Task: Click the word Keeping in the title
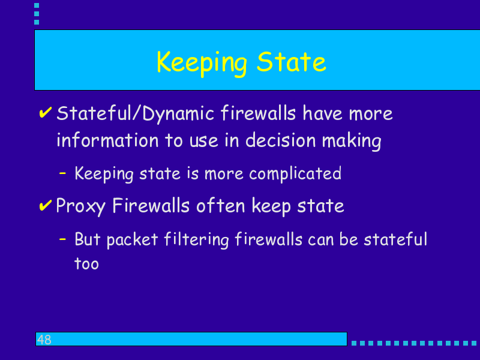coord(202,64)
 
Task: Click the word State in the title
coord(292,62)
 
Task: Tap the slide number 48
coord(44,340)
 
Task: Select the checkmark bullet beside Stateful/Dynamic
coord(46,112)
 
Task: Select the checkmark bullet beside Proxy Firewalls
coord(46,205)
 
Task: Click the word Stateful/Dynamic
coord(136,113)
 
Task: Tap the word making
coord(352,141)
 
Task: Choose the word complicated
coord(295,174)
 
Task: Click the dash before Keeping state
coord(62,173)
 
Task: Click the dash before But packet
coord(62,239)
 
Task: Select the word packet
coord(132,240)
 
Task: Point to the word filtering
coord(196,240)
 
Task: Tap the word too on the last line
coord(86,263)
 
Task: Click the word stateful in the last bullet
coord(395,239)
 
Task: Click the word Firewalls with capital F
coord(151,205)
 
